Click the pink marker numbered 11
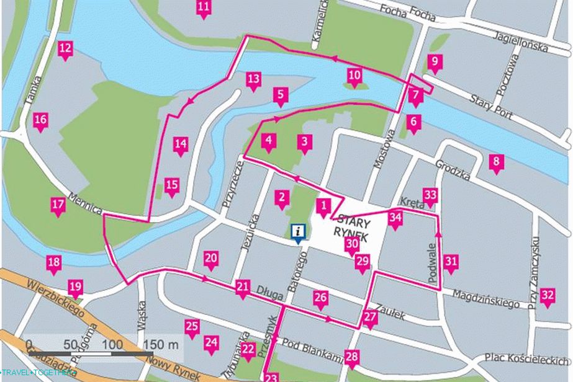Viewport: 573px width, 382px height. tap(204, 8)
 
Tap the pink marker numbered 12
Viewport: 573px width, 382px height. tap(65, 49)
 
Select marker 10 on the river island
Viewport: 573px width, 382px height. tap(354, 77)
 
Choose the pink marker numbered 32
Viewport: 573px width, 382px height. tap(547, 295)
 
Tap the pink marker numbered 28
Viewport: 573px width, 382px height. tap(352, 357)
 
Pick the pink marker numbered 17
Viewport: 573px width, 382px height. tap(58, 205)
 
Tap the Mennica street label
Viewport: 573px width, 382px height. tap(86, 203)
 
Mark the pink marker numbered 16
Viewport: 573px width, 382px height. tap(40, 120)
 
